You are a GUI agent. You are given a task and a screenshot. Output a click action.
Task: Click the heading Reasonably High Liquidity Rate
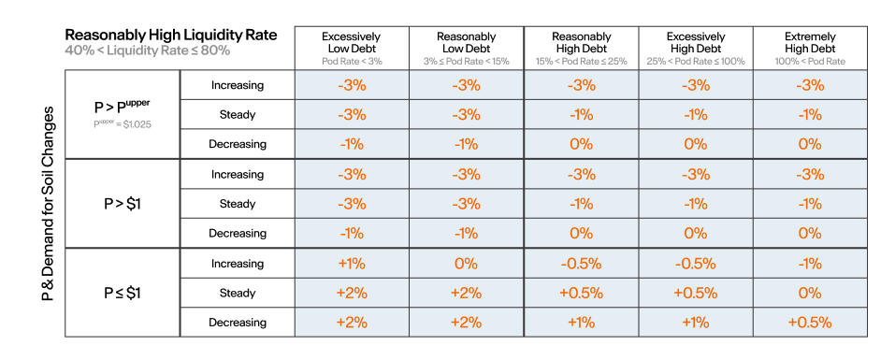tap(170, 36)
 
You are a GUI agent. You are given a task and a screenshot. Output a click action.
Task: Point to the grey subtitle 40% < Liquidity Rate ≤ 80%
tap(147, 50)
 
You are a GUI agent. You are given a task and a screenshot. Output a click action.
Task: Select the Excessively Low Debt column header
tap(351, 43)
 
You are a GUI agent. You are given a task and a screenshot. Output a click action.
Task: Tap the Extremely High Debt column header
tap(810, 43)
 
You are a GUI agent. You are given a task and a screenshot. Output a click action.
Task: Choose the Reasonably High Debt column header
tap(581, 43)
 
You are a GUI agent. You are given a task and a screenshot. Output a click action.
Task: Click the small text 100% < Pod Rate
tap(810, 61)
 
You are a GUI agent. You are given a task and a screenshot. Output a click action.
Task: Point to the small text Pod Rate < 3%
tap(351, 61)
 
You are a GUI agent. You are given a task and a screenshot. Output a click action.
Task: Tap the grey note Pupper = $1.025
tap(123, 123)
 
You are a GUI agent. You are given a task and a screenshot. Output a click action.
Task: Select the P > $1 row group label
tap(123, 204)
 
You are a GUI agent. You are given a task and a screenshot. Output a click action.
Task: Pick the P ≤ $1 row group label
tap(123, 293)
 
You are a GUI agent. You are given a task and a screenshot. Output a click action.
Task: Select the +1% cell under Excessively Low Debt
tap(351, 264)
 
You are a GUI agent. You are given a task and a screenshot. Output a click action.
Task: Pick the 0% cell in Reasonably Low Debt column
tap(466, 264)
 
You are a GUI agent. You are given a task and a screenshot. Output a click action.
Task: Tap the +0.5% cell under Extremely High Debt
tap(810, 323)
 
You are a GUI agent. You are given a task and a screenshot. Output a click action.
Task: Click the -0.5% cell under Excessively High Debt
tap(695, 264)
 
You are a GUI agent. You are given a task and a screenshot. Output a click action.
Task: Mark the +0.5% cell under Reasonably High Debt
tap(581, 294)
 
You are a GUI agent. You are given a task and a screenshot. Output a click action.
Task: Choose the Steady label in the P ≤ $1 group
tap(238, 294)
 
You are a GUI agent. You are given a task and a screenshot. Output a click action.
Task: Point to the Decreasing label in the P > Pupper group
tap(238, 144)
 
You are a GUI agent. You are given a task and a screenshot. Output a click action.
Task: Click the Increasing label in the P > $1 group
tap(238, 174)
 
